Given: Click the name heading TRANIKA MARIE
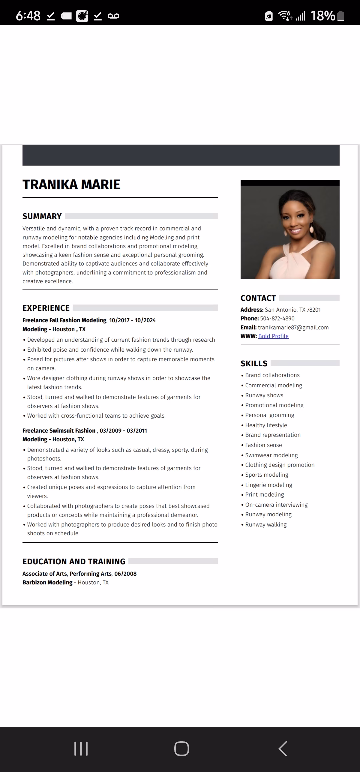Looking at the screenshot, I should [71, 185].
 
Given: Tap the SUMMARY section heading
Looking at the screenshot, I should [42, 216].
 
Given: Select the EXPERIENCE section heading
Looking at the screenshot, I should [46, 308].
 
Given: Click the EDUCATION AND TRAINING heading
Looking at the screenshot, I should [74, 561].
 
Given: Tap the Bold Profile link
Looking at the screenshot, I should [273, 336].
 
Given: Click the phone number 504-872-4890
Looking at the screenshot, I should [277, 318].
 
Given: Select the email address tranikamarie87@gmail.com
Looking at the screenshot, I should [293, 327].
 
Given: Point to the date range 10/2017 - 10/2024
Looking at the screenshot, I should [132, 320].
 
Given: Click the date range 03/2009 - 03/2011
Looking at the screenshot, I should [123, 431].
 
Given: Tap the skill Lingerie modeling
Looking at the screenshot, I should [268, 485].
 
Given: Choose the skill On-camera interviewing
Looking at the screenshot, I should [276, 505].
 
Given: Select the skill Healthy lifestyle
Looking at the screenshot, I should [266, 425].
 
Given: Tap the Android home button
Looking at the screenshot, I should [181, 748].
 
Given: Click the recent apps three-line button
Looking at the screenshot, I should [81, 748].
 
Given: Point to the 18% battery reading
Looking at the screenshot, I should [322, 16].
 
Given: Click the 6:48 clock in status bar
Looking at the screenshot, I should [28, 16].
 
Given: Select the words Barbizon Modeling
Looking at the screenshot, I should [47, 582].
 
